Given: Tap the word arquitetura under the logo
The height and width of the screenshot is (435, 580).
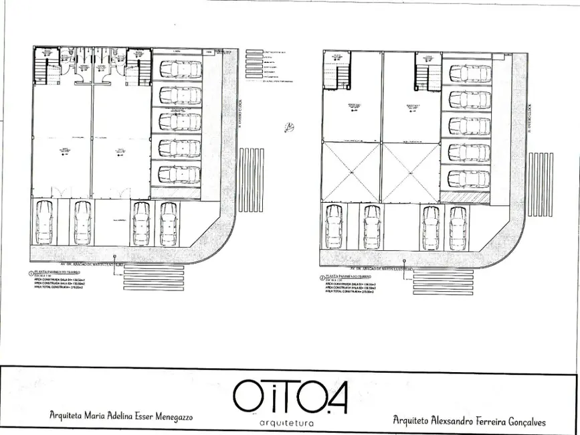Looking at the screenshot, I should click(289, 424).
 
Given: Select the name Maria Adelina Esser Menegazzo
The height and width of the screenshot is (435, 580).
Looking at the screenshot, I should click(121, 416).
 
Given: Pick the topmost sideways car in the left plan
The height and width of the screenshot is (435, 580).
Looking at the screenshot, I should click(179, 69).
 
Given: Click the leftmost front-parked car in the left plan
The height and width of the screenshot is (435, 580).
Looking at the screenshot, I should click(44, 222).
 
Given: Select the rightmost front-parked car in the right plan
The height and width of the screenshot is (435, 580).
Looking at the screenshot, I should click(458, 228).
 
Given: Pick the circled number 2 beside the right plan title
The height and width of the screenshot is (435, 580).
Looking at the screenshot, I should click(322, 276).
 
